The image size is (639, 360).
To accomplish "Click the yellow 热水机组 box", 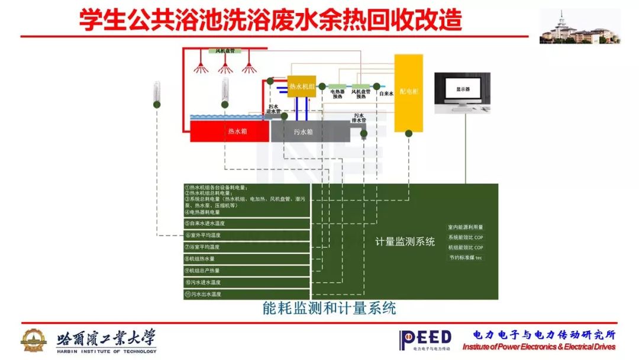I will (x=301, y=86).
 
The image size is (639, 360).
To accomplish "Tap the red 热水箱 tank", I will (x=230, y=131).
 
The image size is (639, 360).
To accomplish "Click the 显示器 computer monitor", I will (x=463, y=89).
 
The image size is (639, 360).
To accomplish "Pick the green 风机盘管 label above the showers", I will (x=225, y=52).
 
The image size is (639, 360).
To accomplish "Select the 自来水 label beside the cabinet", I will (x=386, y=93).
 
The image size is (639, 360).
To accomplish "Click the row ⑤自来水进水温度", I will (x=247, y=224).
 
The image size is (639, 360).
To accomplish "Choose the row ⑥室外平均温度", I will (x=247, y=235).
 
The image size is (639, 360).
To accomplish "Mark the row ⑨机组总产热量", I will (x=247, y=271).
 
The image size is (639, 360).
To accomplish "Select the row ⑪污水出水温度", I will (x=247, y=294).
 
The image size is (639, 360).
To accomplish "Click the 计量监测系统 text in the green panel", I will (x=405, y=242).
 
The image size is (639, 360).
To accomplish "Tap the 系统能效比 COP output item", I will (x=466, y=237).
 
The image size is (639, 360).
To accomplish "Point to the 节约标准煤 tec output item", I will (x=466, y=258).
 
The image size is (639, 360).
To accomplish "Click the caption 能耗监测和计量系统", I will (x=329, y=308).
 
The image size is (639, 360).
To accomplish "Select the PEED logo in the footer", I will (x=425, y=339).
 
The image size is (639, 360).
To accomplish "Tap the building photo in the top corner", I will (x=580, y=27).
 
